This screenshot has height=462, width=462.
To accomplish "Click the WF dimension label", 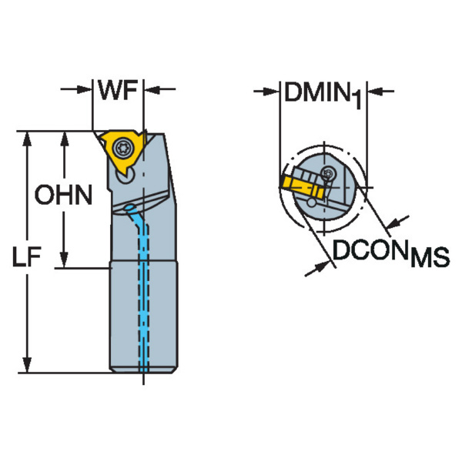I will click(x=117, y=91).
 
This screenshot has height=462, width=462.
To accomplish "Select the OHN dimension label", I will click(x=63, y=196).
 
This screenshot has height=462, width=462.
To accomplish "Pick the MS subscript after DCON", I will click(x=429, y=257).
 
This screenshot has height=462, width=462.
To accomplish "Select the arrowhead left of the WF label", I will click(x=86, y=91).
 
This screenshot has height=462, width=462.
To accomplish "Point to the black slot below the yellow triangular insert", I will click(x=123, y=179).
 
